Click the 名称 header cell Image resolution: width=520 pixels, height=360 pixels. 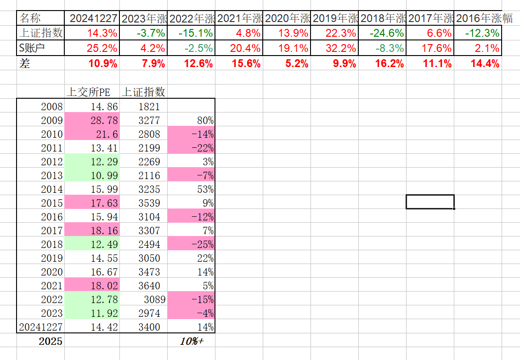(x=31, y=18)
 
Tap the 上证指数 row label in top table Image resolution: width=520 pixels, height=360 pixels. (x=41, y=33)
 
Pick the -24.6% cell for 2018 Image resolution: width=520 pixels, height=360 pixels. (x=382, y=33)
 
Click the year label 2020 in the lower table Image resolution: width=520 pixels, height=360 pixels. (x=51, y=272)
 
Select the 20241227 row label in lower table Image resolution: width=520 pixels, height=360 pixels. (x=40, y=327)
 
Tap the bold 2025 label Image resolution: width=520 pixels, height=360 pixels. (x=50, y=341)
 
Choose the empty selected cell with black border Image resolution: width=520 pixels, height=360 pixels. (x=430, y=202)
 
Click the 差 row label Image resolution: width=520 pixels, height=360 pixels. (x=25, y=64)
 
